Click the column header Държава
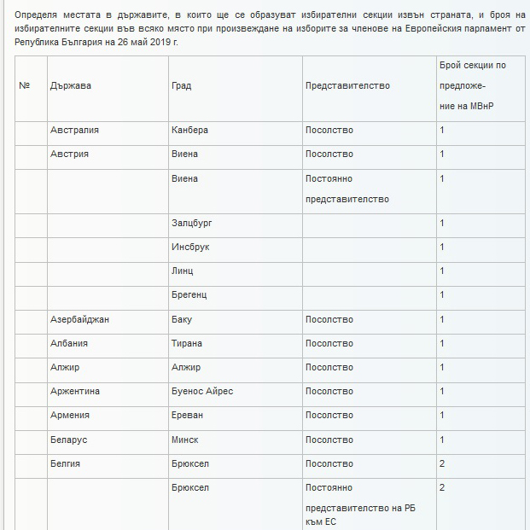(x=71, y=86)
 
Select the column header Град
(x=183, y=86)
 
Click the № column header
(x=25, y=86)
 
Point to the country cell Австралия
(x=74, y=131)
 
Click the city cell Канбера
(x=189, y=131)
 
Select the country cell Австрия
(x=69, y=154)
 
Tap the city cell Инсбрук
(x=190, y=247)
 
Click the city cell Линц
(x=182, y=271)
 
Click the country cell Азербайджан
(x=79, y=319)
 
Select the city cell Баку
(x=182, y=319)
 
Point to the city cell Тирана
(x=187, y=343)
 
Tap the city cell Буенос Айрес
(x=201, y=391)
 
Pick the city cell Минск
(x=185, y=440)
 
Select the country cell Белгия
(x=66, y=463)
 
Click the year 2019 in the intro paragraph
(x=150, y=41)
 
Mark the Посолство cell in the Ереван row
(x=329, y=415)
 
